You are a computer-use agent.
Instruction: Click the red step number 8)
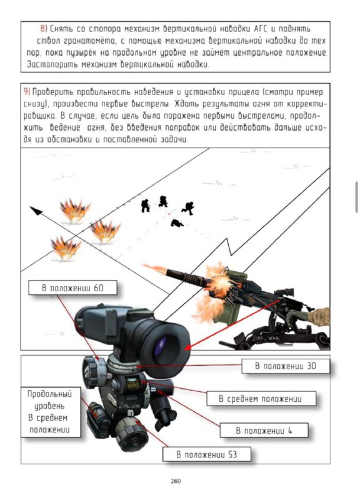coord(44,29)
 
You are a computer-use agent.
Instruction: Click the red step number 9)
coord(27,92)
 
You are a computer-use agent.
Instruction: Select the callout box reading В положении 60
coord(72,288)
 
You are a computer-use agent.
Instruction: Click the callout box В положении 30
coord(286,366)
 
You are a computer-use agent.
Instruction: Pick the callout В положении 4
coord(264,431)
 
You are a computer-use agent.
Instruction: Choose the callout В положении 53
coord(207,454)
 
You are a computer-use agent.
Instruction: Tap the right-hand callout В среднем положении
coord(261,399)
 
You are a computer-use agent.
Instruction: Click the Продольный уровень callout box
coord(51,412)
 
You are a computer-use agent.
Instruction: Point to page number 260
coord(176,481)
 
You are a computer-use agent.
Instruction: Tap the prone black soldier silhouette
coord(177,223)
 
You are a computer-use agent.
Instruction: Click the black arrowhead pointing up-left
coord(36,211)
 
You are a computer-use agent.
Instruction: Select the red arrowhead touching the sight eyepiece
coord(189,346)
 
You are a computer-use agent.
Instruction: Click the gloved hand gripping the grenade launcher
coord(295,316)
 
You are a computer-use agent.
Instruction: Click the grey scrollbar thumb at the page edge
coord(356,197)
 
